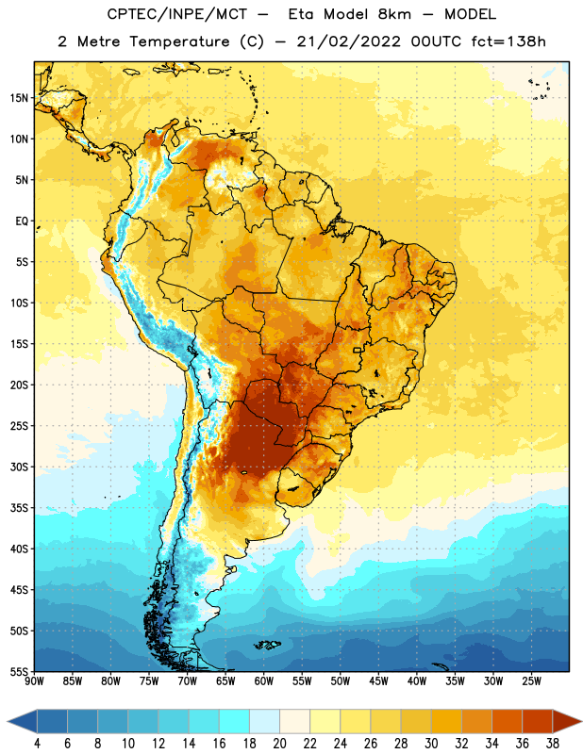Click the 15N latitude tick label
19,98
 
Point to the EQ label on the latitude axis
22,221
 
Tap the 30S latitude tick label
19,467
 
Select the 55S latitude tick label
19,671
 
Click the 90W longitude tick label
34,681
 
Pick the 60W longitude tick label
264,681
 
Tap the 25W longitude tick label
531,681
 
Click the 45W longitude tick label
378,681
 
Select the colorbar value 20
279,744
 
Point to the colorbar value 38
553,744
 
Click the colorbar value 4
37,744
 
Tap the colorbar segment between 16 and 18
234,721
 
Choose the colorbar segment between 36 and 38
538,721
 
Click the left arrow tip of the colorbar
8,721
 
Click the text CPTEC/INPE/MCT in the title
177,14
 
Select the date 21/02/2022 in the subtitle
348,41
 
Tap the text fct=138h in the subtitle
508,41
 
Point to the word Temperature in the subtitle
179,42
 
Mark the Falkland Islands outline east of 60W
268,645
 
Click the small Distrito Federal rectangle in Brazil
358,350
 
